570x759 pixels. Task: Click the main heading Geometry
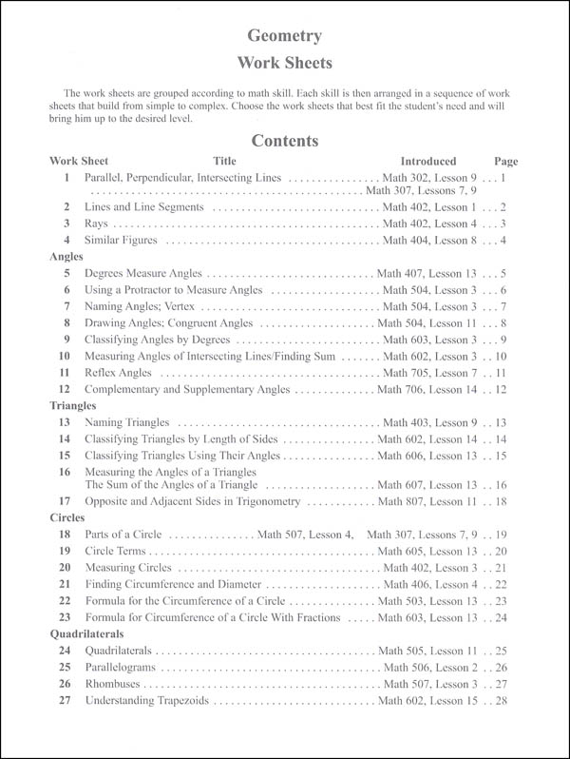coord(284,37)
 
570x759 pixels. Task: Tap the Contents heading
coord(284,141)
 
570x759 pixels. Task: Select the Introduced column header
coord(427,162)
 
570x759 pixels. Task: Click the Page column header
coord(506,162)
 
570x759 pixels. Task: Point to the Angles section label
coord(66,256)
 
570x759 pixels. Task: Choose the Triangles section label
coord(73,405)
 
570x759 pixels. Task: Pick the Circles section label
coord(67,518)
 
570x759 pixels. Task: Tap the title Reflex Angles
coord(118,373)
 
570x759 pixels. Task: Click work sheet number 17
coord(65,500)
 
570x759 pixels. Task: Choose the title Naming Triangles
coord(127,422)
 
